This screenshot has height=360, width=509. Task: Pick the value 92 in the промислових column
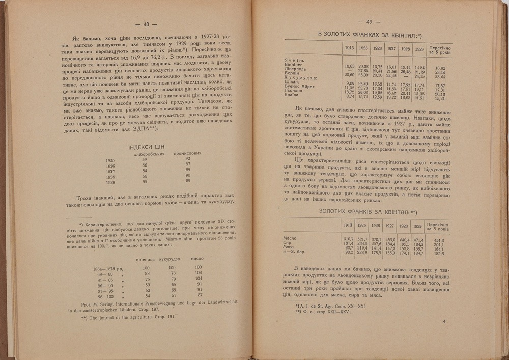click(188, 159)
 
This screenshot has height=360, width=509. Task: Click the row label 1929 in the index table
click(110, 182)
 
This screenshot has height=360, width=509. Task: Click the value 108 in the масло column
click(198, 273)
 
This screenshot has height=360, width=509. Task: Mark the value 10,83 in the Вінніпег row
click(349, 66)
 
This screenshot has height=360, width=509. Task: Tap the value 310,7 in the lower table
click(349, 239)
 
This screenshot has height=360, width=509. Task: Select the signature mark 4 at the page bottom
click(444, 321)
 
